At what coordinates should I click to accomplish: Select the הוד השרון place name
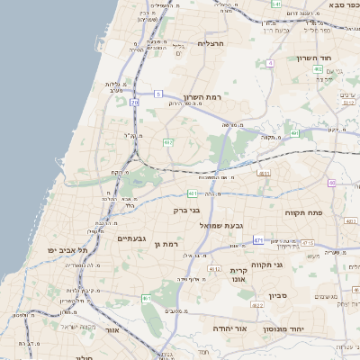tap(314, 58)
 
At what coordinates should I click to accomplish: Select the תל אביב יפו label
tap(69, 249)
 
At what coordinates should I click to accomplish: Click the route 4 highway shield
tap(270, 63)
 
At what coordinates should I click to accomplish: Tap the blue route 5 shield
tap(157, 93)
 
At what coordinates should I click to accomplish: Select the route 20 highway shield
tap(134, 103)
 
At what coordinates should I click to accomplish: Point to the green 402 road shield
tap(318, 80)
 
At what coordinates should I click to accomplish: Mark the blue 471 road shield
tap(258, 240)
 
